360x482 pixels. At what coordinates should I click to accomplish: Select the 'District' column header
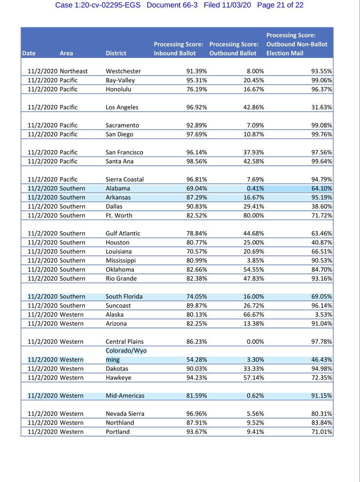116,53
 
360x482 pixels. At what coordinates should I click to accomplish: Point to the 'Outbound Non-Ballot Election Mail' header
297,44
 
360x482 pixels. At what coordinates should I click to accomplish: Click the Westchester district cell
123,71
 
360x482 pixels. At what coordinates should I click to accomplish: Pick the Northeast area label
74,71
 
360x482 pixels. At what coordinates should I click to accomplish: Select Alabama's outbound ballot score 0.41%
256,188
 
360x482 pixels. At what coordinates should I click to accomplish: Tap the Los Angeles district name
122,107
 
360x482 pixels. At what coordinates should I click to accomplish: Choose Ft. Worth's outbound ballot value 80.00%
254,215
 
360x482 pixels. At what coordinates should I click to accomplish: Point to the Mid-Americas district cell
125,396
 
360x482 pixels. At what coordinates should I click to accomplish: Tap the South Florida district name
124,296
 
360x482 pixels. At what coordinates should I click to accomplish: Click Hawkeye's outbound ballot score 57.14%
254,378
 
